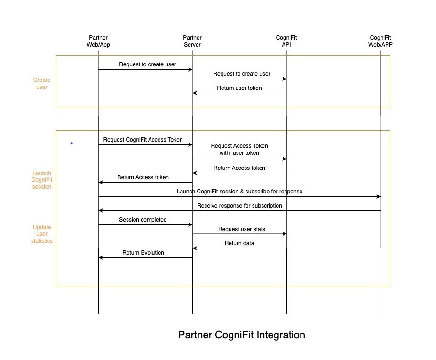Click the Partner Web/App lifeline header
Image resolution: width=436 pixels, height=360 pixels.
98,41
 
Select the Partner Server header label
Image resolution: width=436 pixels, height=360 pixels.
192,41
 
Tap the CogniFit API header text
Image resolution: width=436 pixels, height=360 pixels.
286,41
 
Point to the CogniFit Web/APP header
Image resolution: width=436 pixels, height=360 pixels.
381,41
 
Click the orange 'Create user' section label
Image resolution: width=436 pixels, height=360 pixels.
42,83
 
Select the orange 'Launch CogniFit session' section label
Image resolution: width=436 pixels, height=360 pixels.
41,180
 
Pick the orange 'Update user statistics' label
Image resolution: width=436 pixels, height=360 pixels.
42,234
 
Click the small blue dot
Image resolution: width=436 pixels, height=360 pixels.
71,143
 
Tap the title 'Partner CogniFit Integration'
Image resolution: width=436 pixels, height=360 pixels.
241,335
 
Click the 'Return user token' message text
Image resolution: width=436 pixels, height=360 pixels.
239,88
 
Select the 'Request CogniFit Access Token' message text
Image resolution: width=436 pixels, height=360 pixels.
143,140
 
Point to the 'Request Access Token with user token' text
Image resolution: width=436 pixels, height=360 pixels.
239,149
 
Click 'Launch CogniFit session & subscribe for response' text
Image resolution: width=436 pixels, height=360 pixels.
239,192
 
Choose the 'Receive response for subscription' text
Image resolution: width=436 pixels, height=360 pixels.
239,206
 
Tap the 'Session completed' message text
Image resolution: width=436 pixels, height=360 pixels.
143,220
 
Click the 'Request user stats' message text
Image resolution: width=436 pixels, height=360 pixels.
241,229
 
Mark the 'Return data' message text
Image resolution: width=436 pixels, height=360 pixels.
239,243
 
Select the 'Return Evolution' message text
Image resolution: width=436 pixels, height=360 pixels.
143,253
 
